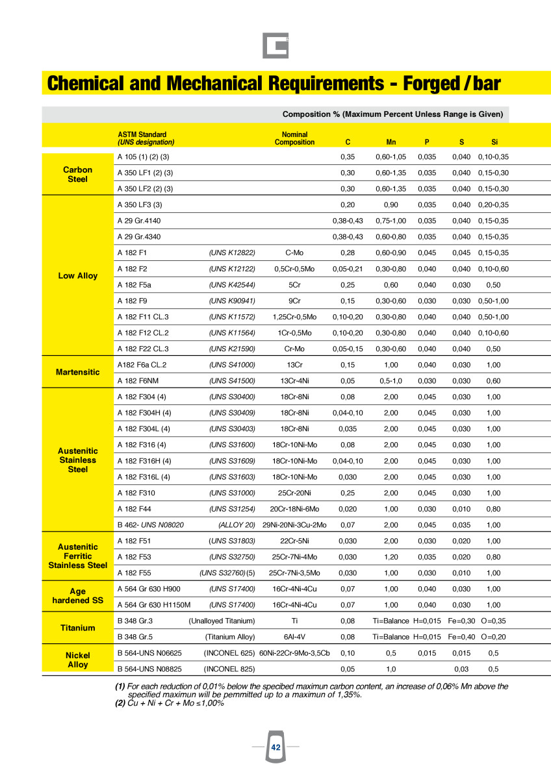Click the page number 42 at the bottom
(275, 748)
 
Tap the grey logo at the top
(275, 46)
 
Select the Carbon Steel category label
(77, 174)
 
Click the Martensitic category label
(77, 372)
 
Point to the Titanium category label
(77, 628)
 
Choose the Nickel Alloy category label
(77, 660)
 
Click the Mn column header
(391, 142)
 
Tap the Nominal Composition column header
(294, 138)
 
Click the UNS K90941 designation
(232, 301)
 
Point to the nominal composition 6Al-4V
(294, 636)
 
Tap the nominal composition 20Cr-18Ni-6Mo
(294, 508)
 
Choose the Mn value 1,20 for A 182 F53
(391, 556)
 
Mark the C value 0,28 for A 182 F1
(348, 253)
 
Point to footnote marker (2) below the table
(120, 702)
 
